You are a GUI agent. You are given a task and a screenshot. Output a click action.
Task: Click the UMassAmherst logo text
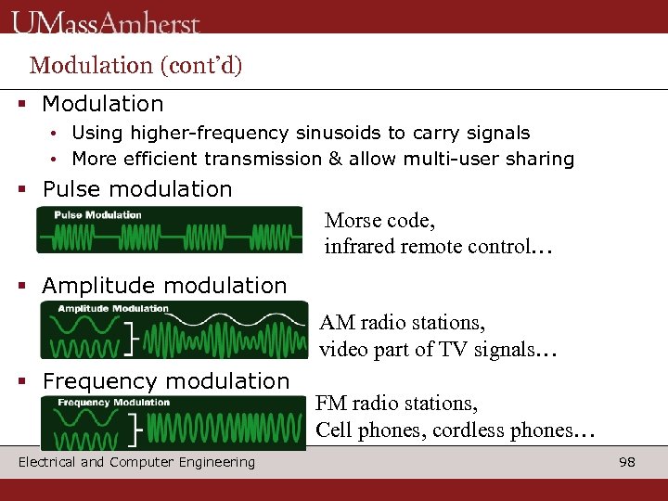(x=107, y=20)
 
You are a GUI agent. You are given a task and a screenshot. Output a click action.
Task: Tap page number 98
(x=627, y=462)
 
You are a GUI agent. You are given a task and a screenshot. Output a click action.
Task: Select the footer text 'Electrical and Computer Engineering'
(x=136, y=462)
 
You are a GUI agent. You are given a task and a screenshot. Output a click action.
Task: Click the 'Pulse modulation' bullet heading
(x=137, y=189)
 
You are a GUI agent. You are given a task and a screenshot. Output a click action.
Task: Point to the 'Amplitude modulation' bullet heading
(x=164, y=286)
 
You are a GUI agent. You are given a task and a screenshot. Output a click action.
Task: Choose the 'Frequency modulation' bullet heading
(x=166, y=381)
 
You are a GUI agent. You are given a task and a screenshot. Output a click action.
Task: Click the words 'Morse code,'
(x=379, y=221)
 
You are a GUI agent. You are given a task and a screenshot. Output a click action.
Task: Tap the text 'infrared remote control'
(x=422, y=247)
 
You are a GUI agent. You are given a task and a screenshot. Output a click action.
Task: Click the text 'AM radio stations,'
(x=402, y=323)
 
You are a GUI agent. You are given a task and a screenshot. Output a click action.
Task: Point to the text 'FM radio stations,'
(x=397, y=404)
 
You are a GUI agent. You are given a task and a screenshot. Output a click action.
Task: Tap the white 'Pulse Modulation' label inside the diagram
(x=97, y=215)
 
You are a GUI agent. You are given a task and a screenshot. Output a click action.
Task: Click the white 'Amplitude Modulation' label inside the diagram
(x=113, y=309)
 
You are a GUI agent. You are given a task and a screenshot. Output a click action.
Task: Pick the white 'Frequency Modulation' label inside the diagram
(x=114, y=403)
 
